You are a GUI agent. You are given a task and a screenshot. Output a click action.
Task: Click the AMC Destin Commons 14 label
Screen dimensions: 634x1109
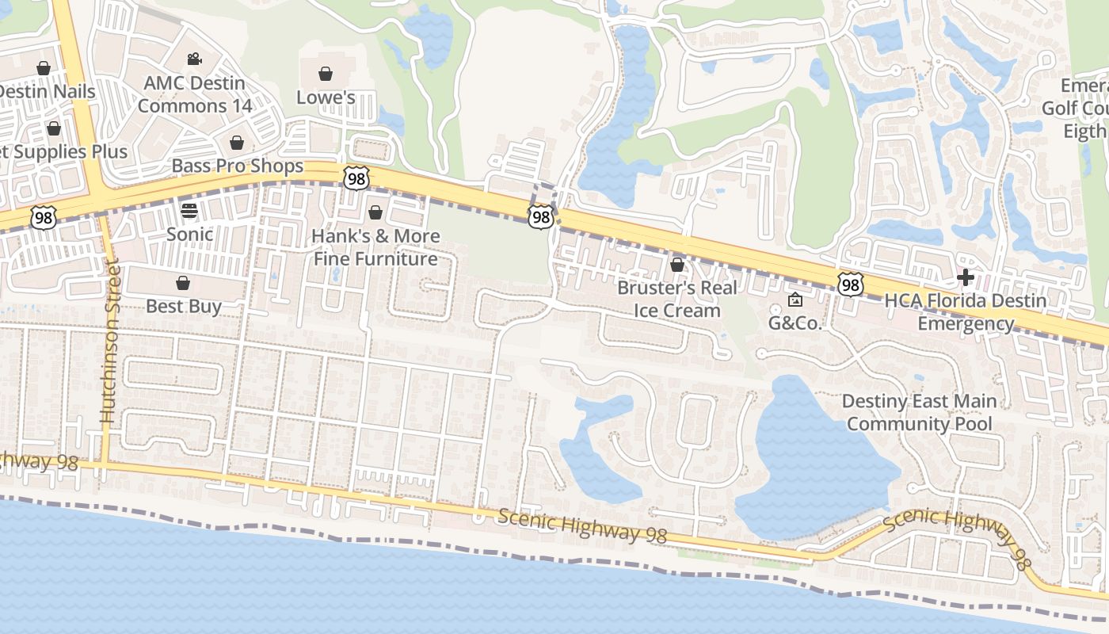click(195, 94)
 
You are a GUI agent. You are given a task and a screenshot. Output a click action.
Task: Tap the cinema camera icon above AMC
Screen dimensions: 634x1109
click(194, 59)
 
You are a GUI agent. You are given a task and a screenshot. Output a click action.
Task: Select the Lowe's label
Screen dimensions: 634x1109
click(326, 97)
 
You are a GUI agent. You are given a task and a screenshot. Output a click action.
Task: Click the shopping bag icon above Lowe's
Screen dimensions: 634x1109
click(325, 74)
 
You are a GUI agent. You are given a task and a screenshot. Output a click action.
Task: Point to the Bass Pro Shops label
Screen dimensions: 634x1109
click(238, 166)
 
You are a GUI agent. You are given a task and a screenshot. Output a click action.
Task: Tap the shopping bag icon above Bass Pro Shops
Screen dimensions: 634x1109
click(236, 143)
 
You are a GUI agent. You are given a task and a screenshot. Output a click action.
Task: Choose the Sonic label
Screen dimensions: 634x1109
click(189, 234)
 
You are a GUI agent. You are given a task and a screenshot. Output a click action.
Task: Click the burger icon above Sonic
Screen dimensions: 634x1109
click(189, 211)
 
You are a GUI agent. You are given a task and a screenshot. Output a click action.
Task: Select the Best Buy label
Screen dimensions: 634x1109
click(184, 306)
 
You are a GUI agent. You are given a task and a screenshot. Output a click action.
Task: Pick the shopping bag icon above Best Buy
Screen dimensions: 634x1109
click(183, 283)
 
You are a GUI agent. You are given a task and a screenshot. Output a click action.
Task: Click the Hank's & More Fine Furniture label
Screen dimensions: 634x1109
click(375, 247)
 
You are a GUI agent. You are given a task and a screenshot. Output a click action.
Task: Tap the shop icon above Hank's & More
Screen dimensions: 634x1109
click(375, 212)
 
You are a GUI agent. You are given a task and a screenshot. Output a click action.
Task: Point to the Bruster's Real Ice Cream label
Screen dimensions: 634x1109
click(677, 298)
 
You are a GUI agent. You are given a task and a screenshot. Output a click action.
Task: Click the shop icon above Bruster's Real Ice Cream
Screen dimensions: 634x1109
click(677, 264)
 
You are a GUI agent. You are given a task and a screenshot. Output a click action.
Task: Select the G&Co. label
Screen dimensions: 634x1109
click(796, 323)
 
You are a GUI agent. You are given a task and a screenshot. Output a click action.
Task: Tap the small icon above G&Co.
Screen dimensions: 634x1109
click(796, 300)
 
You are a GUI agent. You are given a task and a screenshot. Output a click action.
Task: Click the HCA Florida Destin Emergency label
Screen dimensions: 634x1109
click(966, 312)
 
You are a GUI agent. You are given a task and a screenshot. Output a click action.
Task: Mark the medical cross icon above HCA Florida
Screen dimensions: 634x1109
click(966, 277)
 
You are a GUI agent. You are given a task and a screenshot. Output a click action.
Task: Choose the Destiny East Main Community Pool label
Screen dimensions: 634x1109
click(920, 412)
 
